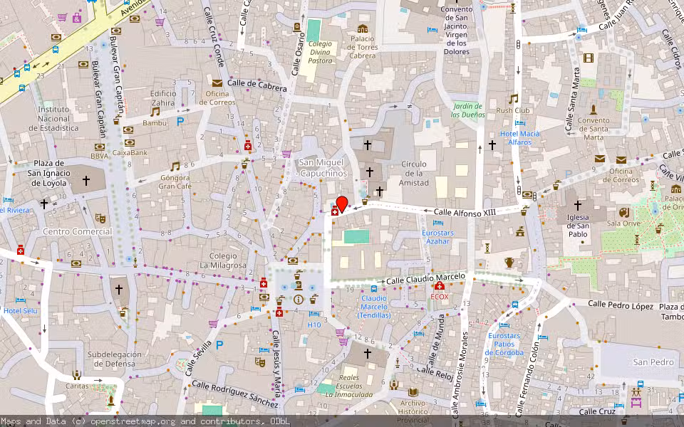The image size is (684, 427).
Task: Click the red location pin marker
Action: tap(341, 204)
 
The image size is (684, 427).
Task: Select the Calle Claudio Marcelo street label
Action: tap(426, 279)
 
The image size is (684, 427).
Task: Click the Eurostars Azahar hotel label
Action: tap(437, 237)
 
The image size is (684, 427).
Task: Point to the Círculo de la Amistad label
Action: tap(415, 174)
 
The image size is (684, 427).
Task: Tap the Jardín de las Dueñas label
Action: tap(468, 110)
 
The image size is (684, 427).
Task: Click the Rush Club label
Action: tap(514, 110)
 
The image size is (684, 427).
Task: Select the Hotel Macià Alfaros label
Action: tap(519, 138)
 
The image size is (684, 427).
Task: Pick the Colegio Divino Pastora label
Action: tap(320, 52)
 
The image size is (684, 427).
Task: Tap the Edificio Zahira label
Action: tap(163, 97)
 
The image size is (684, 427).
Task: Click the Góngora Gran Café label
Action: tap(175, 181)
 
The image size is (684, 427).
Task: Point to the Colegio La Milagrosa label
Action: tap(229, 260)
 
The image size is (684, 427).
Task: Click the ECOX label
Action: tap(440, 295)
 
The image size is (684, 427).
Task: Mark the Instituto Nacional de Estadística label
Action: tap(53, 119)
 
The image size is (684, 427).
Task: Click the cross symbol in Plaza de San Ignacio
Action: tap(86, 181)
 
